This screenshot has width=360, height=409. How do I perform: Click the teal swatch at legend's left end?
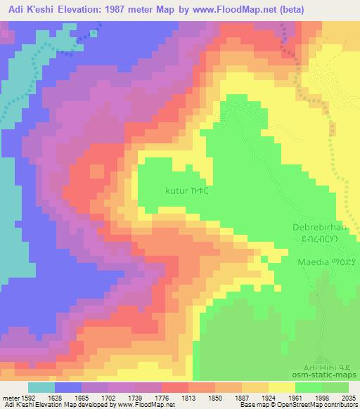pos(41,387)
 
